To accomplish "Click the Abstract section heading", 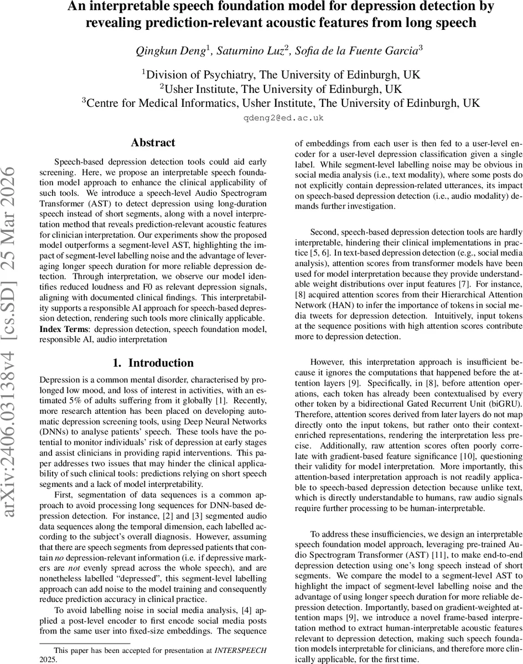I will pos(153,143).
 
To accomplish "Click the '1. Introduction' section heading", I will pos(153,363).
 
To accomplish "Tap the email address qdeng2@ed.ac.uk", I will pos(283,118).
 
